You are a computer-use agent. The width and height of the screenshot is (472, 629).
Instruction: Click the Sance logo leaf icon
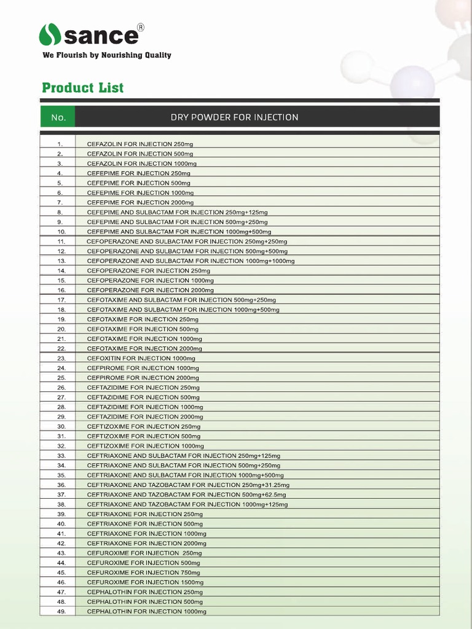click(x=50, y=34)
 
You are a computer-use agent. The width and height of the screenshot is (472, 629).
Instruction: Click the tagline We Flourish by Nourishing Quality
click(x=106, y=55)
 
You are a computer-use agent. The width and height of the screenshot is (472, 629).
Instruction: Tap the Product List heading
click(x=82, y=87)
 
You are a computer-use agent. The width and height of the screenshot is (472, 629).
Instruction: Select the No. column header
click(x=58, y=117)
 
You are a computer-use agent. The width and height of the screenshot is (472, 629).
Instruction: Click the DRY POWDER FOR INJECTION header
click(x=234, y=117)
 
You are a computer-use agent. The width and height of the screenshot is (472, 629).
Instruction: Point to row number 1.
click(x=60, y=144)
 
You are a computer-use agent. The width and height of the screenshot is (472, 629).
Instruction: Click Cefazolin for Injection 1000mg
click(x=141, y=163)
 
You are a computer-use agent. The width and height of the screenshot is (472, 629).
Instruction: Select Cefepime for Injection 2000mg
click(x=140, y=202)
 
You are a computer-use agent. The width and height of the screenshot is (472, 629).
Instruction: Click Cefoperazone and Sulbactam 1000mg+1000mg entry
click(x=191, y=261)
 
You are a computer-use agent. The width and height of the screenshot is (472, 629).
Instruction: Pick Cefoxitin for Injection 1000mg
click(x=141, y=358)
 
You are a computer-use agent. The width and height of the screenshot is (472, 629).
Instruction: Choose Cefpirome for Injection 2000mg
click(x=143, y=378)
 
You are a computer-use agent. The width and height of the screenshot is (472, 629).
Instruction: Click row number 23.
click(x=61, y=358)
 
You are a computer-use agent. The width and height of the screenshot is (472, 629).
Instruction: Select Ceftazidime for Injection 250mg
click(x=143, y=388)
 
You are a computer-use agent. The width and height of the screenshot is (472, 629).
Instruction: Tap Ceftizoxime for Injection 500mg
click(x=143, y=436)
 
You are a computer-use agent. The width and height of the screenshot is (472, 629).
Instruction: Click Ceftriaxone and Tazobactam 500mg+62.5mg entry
click(x=186, y=494)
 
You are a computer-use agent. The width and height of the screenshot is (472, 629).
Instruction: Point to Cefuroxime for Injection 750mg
click(x=143, y=572)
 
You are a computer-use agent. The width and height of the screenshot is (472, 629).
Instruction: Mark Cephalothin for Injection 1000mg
click(x=146, y=611)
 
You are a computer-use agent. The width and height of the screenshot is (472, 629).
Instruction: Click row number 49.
click(x=61, y=611)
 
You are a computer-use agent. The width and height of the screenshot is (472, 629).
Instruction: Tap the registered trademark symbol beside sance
click(x=140, y=27)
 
